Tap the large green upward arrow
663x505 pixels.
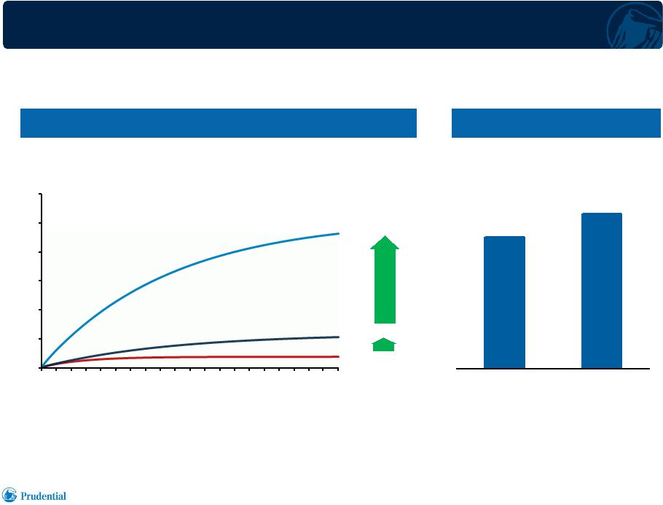[x=385, y=280]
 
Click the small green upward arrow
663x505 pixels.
[x=384, y=345]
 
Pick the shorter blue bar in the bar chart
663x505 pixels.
[x=504, y=302]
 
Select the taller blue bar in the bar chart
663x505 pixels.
[x=602, y=291]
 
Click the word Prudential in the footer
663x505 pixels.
[x=43, y=496]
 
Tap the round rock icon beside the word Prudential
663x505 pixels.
[x=9, y=495]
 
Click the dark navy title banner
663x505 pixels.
[x=331, y=25]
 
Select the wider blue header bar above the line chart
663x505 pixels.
[x=218, y=123]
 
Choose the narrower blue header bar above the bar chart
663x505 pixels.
[x=556, y=123]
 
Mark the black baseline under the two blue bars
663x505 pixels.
[x=553, y=369]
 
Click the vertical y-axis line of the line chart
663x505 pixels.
[x=42, y=281]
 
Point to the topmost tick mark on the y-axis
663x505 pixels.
[x=40, y=194]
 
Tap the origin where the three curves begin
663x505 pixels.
[x=42, y=367]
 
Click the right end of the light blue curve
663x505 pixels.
[x=339, y=233]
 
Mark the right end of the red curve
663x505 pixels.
[x=339, y=356]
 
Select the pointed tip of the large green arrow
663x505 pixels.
[x=385, y=235]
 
